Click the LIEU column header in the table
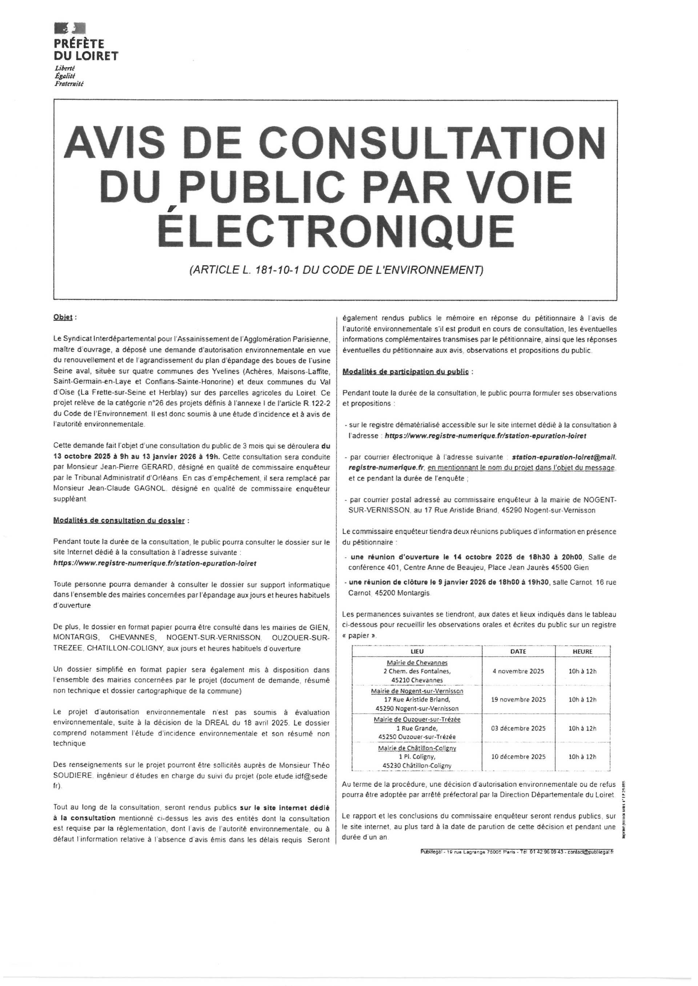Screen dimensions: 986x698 click(417, 652)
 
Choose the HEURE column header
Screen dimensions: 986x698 click(582, 652)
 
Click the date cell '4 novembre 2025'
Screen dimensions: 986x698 click(518, 671)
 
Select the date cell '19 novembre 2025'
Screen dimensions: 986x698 click(518, 699)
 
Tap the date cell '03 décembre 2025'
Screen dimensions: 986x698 click(518, 729)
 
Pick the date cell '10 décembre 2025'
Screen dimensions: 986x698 click(518, 757)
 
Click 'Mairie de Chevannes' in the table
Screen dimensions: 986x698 click(417, 663)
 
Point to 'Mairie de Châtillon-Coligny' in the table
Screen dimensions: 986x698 click(417, 748)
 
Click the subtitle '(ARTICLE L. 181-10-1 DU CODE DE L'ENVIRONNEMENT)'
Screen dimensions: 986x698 click(336, 270)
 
